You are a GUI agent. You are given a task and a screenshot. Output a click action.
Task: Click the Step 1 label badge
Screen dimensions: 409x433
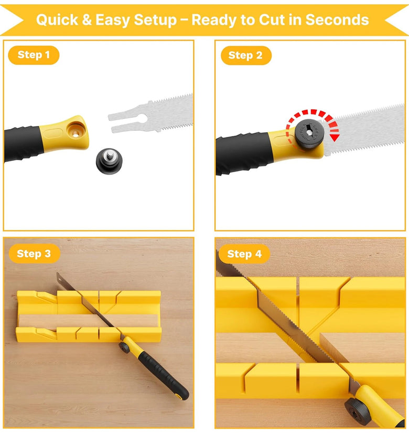pyautogui.click(x=34, y=55)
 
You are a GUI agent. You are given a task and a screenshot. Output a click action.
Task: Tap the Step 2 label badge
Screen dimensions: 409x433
pyautogui.click(x=246, y=56)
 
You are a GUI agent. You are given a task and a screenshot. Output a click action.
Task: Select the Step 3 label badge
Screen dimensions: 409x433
pyautogui.click(x=34, y=254)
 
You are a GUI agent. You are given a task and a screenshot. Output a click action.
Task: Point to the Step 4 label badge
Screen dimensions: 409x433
pyautogui.click(x=244, y=254)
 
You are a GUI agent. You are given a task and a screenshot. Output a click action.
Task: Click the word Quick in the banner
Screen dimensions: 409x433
pyautogui.click(x=57, y=20)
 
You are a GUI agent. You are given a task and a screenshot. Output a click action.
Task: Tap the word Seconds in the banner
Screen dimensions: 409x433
pyautogui.click(x=337, y=20)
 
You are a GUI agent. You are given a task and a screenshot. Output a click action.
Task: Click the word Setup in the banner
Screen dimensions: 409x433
pyautogui.click(x=155, y=20)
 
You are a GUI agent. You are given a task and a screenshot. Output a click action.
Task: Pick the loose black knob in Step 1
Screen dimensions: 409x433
pyautogui.click(x=109, y=161)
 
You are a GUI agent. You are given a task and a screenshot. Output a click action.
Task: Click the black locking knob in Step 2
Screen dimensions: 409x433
pyautogui.click(x=309, y=134)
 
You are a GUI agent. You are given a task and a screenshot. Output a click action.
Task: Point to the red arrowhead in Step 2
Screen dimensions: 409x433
pyautogui.click(x=334, y=138)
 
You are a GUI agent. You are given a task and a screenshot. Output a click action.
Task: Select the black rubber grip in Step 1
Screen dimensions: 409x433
pyautogui.click(x=24, y=143)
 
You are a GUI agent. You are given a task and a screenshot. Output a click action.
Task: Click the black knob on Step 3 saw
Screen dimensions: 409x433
pyautogui.click(x=124, y=347)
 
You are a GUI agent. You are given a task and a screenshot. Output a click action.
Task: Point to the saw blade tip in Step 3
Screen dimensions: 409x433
pyautogui.click(x=57, y=273)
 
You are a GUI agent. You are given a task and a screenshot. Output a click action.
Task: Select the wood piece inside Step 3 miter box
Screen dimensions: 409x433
pyautogui.click(x=88, y=320)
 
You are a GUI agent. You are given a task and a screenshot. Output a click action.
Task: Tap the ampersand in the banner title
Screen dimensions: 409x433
pyautogui.click(x=87, y=20)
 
